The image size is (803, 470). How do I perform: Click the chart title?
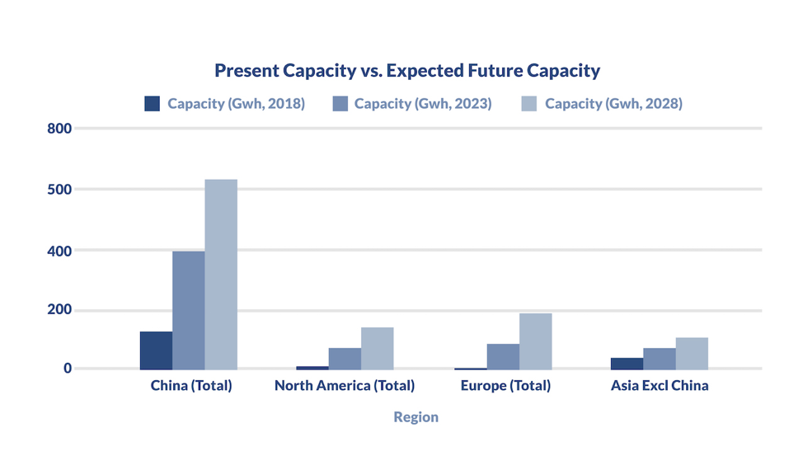click(x=407, y=71)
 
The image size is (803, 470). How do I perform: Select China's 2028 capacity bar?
click(x=221, y=274)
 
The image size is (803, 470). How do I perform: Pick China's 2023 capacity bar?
click(x=188, y=310)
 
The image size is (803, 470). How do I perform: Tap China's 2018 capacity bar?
click(x=156, y=350)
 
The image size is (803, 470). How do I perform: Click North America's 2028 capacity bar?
click(x=377, y=348)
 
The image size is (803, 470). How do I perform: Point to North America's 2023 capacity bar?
click(x=345, y=359)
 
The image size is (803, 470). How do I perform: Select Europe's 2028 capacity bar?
click(x=535, y=341)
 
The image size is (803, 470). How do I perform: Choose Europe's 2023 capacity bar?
click(x=503, y=356)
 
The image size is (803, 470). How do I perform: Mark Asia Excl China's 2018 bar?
click(x=627, y=364)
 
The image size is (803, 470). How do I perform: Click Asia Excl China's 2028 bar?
click(x=692, y=353)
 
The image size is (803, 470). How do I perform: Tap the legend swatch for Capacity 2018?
click(x=152, y=104)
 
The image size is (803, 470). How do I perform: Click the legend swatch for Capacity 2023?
click(x=340, y=104)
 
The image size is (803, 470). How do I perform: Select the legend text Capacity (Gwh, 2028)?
click(x=613, y=104)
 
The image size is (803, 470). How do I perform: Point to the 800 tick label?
click(x=61, y=129)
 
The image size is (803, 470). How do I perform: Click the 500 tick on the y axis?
click(x=61, y=189)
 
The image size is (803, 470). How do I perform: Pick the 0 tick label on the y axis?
click(x=68, y=369)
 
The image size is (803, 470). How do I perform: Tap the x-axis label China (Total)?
click(x=191, y=386)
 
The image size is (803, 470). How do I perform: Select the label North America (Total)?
click(x=345, y=386)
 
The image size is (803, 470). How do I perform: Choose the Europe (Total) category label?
click(x=505, y=386)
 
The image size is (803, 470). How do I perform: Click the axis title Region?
click(x=416, y=417)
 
